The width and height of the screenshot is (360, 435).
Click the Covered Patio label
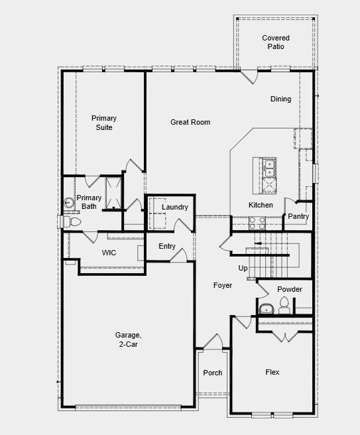[x=275, y=42]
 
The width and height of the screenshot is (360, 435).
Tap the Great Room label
[x=190, y=122]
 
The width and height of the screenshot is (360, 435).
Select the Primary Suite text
[x=103, y=123]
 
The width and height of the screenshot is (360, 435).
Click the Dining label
[x=280, y=99]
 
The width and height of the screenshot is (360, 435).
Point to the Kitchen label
[x=261, y=205]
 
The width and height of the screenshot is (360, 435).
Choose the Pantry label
[x=298, y=216]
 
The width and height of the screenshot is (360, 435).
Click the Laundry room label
[x=175, y=207]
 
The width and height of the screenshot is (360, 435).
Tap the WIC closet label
[x=109, y=253]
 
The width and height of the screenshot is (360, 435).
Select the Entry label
[x=167, y=247]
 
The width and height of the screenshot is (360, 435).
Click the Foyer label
[x=222, y=285]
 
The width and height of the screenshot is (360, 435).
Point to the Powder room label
[x=290, y=289]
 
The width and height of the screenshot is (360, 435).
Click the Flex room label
[x=272, y=373]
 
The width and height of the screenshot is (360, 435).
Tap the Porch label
[x=213, y=373]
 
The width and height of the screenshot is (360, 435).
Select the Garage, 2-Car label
[x=130, y=340]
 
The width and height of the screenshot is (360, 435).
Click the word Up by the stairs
[x=243, y=268]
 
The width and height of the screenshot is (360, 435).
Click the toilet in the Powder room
[x=284, y=305]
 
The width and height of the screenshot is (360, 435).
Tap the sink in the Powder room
[x=267, y=308]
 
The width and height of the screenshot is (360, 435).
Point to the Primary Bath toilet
[x=69, y=221]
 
